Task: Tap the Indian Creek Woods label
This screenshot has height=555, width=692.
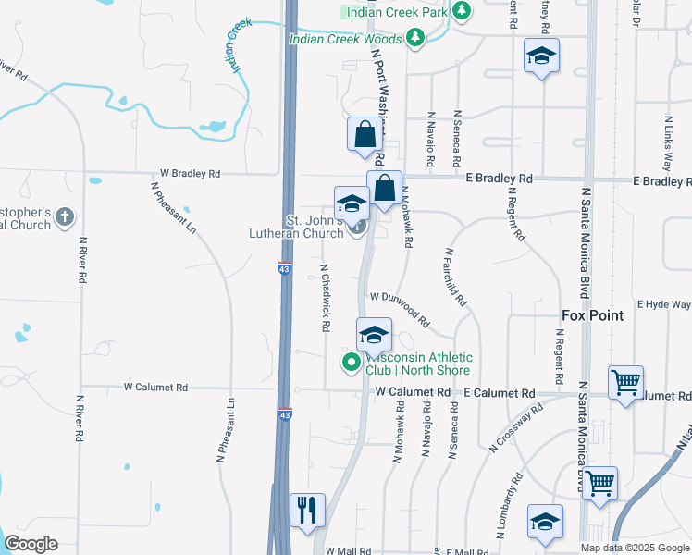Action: coord(346,39)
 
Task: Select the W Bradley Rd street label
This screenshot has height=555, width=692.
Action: coord(190,173)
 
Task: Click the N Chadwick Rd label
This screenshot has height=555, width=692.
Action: coord(325,298)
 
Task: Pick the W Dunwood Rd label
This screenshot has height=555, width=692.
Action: coord(400,309)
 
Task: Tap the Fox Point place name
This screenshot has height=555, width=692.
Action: coord(592,315)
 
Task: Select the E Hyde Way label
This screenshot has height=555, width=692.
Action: coord(668,304)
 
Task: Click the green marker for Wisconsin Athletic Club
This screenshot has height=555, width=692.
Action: coord(351,363)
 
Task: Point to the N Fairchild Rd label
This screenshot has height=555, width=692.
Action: coord(455,277)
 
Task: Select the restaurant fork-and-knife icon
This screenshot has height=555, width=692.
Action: coord(307,509)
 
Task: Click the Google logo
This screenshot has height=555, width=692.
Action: coord(31,544)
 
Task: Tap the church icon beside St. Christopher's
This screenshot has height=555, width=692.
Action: coord(63,217)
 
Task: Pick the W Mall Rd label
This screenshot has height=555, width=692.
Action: coord(347,549)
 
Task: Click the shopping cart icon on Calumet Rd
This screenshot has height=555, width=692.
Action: coord(626,380)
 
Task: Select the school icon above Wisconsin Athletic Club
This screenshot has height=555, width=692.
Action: coord(374,334)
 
